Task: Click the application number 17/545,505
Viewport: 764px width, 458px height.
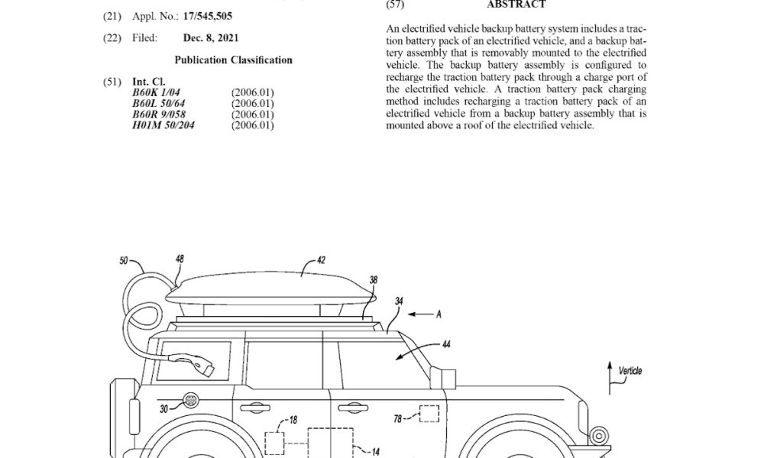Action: pos(208,16)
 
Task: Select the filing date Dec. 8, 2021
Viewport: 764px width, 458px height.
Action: pos(211,38)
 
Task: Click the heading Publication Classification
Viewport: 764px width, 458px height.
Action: pos(233,60)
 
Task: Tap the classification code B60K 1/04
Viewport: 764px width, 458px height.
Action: pos(156,92)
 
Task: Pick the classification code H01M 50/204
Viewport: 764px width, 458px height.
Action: pos(163,125)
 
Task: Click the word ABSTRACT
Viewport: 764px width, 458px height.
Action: pos(516,5)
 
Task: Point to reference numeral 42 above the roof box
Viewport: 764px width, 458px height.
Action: pos(321,260)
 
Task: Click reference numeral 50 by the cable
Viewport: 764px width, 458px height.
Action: pos(124,261)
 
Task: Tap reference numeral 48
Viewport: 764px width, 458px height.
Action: pos(180,259)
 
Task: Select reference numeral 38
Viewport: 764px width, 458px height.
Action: pos(374,280)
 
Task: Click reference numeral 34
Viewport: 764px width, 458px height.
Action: pos(399,302)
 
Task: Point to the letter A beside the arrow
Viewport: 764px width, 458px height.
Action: pos(439,314)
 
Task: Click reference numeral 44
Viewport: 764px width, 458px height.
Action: pos(446,344)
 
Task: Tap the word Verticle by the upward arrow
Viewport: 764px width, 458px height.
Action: pos(630,371)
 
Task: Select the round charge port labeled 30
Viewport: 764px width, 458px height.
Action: pos(190,401)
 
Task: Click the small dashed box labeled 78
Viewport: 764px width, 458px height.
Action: pos(429,414)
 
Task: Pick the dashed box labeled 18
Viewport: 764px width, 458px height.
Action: pos(275,443)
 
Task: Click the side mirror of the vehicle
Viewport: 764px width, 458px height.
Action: pos(443,378)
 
